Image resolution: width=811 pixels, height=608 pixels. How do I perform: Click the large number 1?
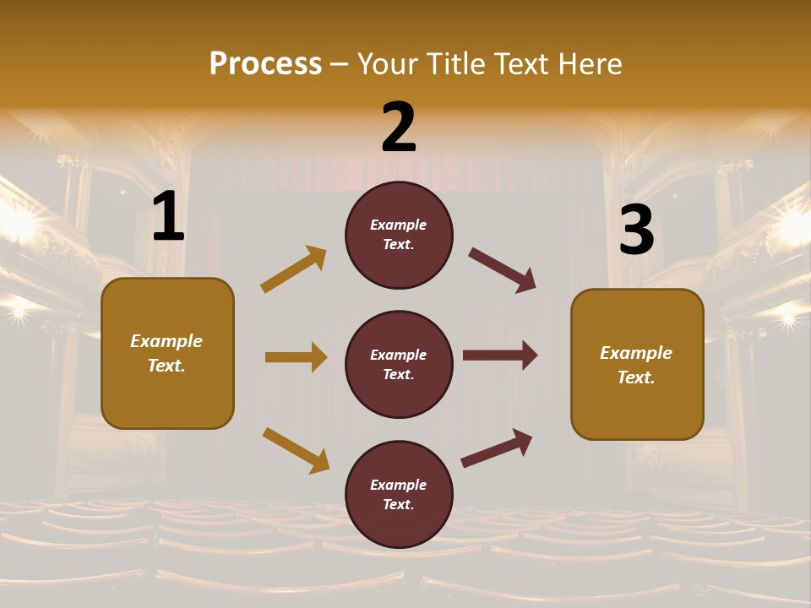click(168, 217)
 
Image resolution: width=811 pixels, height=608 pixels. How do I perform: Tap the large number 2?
click(399, 128)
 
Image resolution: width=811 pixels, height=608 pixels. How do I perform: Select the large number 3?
click(636, 230)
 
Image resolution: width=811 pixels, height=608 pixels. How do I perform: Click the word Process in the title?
click(265, 63)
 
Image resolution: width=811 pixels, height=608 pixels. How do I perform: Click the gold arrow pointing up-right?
click(294, 269)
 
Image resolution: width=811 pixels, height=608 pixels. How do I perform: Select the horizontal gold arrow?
click(296, 357)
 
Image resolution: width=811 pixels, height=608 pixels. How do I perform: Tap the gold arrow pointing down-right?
click(296, 450)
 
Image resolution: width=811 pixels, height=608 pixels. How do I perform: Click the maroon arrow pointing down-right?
click(502, 270)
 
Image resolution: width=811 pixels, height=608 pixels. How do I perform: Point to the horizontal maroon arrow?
click(500, 356)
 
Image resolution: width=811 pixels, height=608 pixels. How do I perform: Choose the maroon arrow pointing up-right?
click(497, 448)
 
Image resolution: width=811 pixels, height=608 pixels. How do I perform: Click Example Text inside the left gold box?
click(166, 353)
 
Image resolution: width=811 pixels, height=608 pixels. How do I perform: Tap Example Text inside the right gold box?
click(636, 365)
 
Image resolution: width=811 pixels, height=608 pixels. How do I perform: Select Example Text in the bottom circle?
click(399, 495)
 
